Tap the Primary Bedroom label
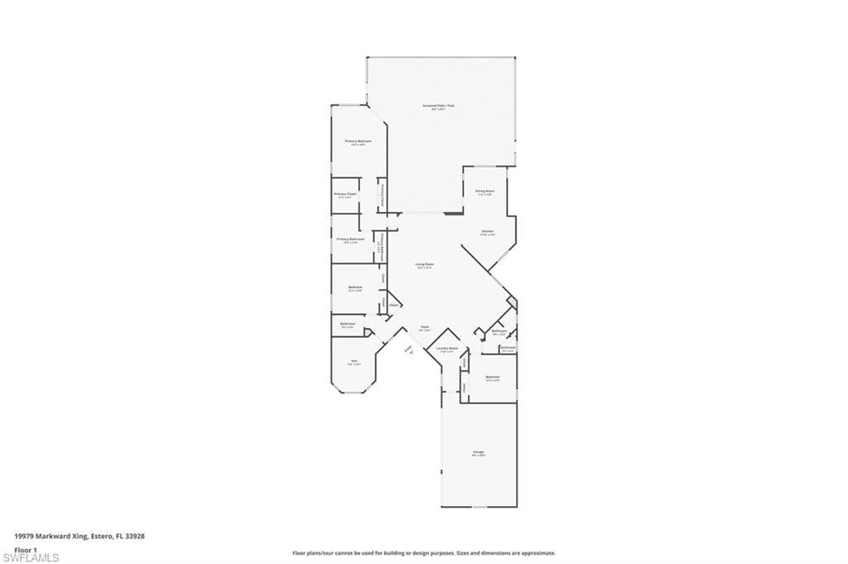point(358,142)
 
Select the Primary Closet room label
point(344,195)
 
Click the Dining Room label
point(484,191)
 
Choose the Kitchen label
point(488,231)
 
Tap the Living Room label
point(425,264)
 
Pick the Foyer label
point(424,328)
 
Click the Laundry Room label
point(447,349)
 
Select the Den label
point(354,361)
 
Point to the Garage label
point(479,452)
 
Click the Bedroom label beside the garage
point(493,378)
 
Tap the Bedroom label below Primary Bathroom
point(354,287)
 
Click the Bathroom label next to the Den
point(347,324)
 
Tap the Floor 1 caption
point(26,549)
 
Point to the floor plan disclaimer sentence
point(423,553)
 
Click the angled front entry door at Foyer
point(408,350)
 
